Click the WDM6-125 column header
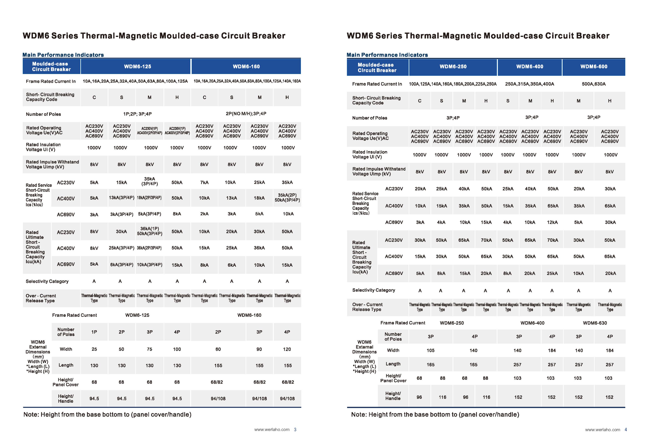tap(137, 67)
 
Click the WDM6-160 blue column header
tap(246, 67)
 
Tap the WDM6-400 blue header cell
tap(530, 67)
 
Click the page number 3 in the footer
tap(295, 430)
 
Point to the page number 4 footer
tap(626, 430)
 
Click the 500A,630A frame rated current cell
tap(594, 84)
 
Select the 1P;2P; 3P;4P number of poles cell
tap(137, 114)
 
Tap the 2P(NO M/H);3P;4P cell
tap(246, 114)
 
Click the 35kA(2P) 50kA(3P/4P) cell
tap(287, 198)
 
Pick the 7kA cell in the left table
tap(204, 182)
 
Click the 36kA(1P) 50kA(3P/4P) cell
tap(149, 231)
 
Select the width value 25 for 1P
tap(94, 349)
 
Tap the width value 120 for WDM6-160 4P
tap(287, 349)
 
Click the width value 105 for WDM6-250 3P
tap(431, 350)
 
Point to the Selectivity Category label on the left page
tap(47, 281)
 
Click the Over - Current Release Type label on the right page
tap(367, 307)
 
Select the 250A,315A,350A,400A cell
tap(530, 84)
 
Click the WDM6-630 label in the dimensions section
tap(595, 323)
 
